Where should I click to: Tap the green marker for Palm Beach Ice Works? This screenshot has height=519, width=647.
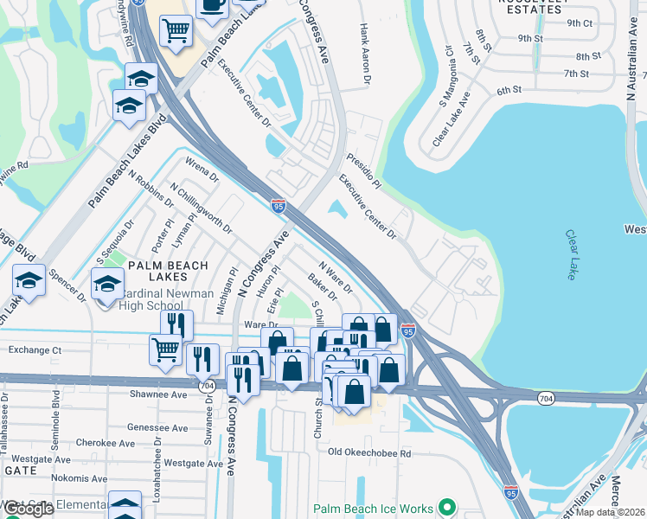coord(447,508)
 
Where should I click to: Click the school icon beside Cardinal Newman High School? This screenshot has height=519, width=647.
coord(107,284)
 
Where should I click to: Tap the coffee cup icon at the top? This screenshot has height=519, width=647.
coord(212,5)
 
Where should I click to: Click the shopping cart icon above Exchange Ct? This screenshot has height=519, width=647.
coord(166,350)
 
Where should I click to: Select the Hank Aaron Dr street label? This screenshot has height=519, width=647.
coord(365,53)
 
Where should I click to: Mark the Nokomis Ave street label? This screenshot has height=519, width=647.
coord(74,477)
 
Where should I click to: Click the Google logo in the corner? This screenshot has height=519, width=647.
coord(29,508)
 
